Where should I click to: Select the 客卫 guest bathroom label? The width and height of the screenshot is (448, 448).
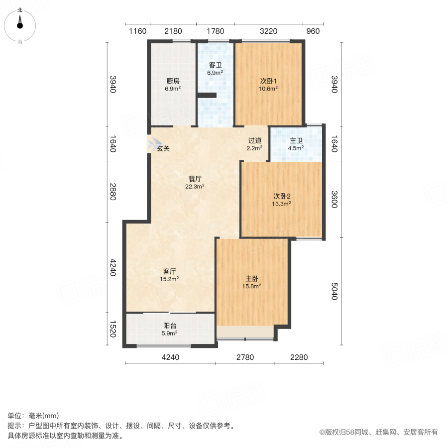[215, 65]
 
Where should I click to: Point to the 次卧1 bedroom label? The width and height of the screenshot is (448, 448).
[268, 81]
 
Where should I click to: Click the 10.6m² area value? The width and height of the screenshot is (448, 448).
[268, 89]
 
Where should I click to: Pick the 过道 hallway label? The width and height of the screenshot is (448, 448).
[255, 140]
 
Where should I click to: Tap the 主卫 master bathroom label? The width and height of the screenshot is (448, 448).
[296, 140]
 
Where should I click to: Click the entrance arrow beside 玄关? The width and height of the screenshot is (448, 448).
[151, 144]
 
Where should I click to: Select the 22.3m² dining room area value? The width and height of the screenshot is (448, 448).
[195, 187]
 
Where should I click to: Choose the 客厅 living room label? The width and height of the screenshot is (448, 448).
[170, 271]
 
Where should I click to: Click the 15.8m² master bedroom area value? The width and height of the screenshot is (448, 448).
[252, 286]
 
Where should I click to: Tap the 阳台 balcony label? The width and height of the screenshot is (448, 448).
[170, 326]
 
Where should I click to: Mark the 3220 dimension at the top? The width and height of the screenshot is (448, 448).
[268, 31]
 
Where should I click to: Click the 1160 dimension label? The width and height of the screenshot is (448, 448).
[137, 31]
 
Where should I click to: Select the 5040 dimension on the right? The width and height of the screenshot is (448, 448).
[334, 291]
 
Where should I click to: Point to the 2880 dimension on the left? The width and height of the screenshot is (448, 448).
[113, 192]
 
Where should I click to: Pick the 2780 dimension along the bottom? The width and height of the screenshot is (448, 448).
[244, 357]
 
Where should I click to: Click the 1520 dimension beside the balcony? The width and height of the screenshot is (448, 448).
[113, 329]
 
